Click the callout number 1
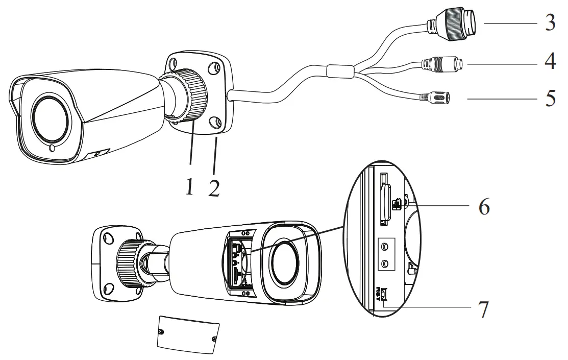(189, 187)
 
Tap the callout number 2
(214, 187)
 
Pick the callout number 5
(549, 98)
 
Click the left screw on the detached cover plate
(162, 333)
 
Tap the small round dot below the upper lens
(52, 149)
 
